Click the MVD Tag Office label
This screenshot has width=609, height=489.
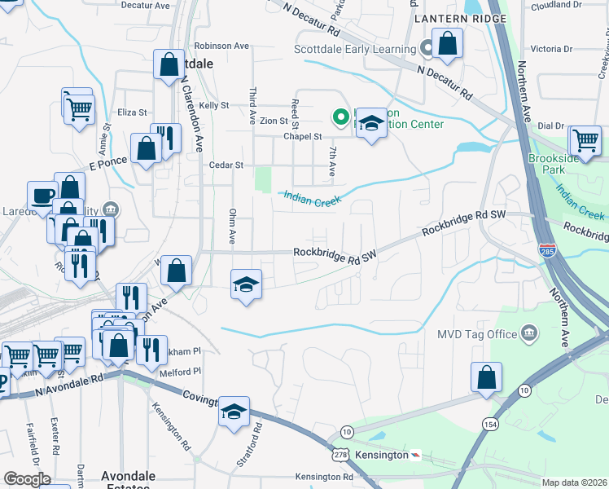point(477,334)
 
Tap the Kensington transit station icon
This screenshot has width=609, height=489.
point(415,455)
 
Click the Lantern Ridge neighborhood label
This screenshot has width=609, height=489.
point(454,18)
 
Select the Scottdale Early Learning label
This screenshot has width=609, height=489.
point(355,49)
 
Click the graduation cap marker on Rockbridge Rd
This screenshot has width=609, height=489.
point(246,284)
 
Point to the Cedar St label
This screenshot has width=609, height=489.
point(227,165)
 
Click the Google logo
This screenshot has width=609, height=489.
point(26,479)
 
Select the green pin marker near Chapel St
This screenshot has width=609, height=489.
point(340,119)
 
